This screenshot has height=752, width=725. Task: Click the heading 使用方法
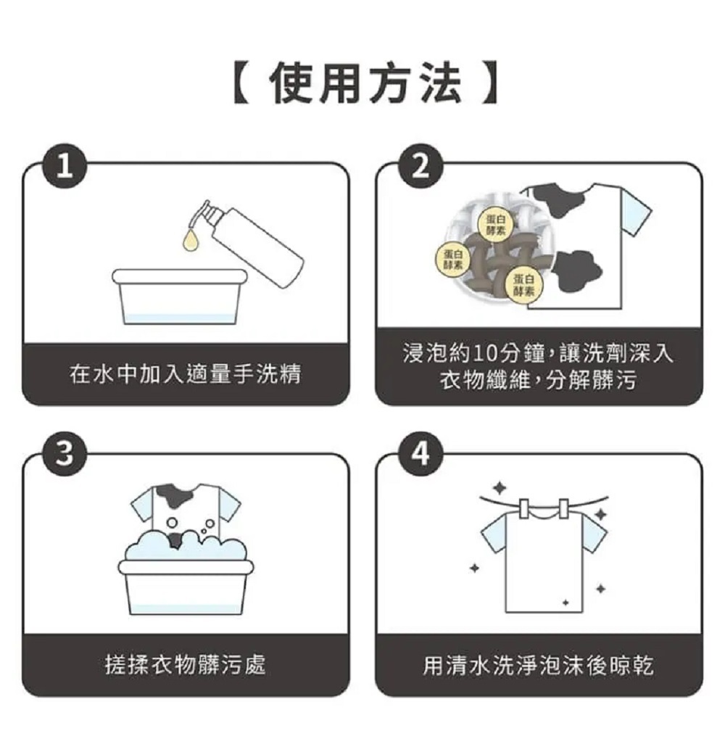click(366, 85)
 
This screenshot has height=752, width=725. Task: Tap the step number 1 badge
click(65, 166)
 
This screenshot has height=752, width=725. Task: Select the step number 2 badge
click(420, 166)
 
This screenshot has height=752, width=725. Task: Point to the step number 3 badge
click(65, 453)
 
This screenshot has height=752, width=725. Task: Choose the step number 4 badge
click(420, 453)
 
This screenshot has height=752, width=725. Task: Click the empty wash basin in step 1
click(180, 297)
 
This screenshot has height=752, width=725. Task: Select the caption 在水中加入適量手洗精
click(185, 374)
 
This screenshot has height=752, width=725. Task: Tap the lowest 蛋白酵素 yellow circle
click(523, 286)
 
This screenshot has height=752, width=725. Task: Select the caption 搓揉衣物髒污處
click(185, 665)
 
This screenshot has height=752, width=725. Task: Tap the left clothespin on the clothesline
click(524, 508)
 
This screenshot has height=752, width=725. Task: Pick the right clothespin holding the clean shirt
click(563, 508)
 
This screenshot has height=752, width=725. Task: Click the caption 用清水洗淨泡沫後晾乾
click(538, 665)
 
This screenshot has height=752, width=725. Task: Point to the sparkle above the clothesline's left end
click(500, 488)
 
